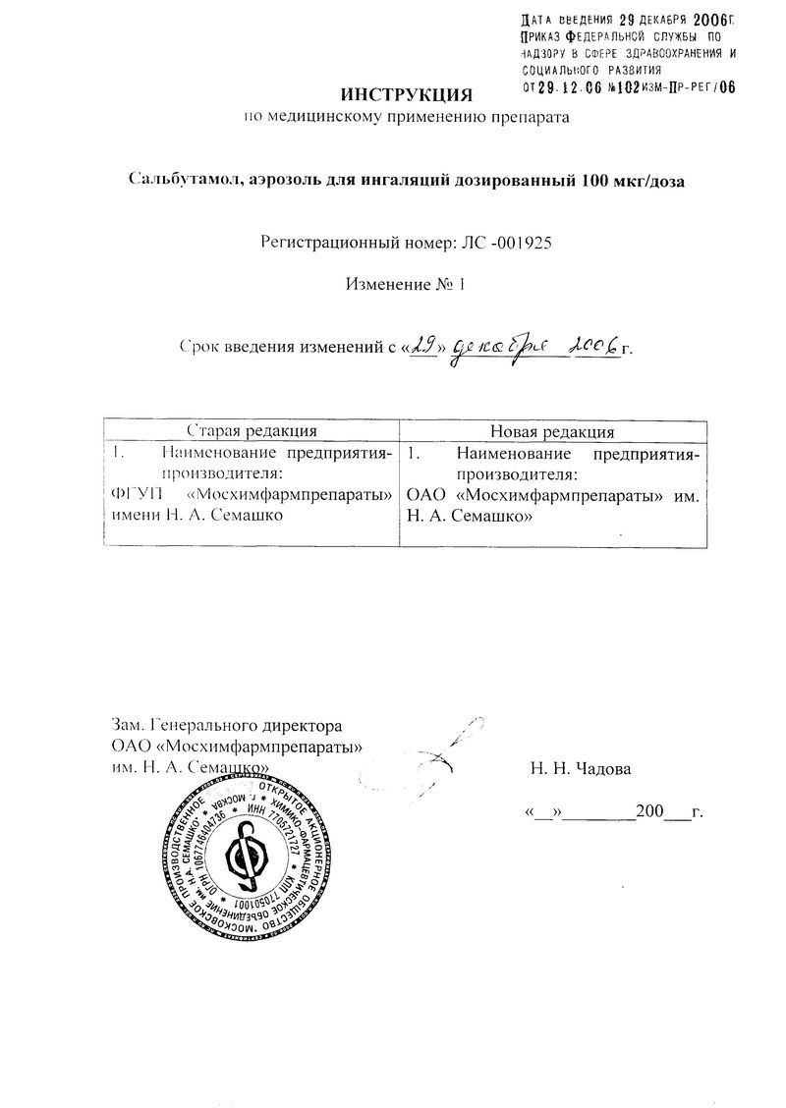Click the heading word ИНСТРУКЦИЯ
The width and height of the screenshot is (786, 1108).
406,95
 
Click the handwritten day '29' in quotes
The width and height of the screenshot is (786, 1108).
424,345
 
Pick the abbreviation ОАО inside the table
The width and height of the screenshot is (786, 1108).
427,496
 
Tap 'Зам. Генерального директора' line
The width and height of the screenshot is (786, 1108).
227,727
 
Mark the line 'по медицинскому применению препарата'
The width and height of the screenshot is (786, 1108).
406,119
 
